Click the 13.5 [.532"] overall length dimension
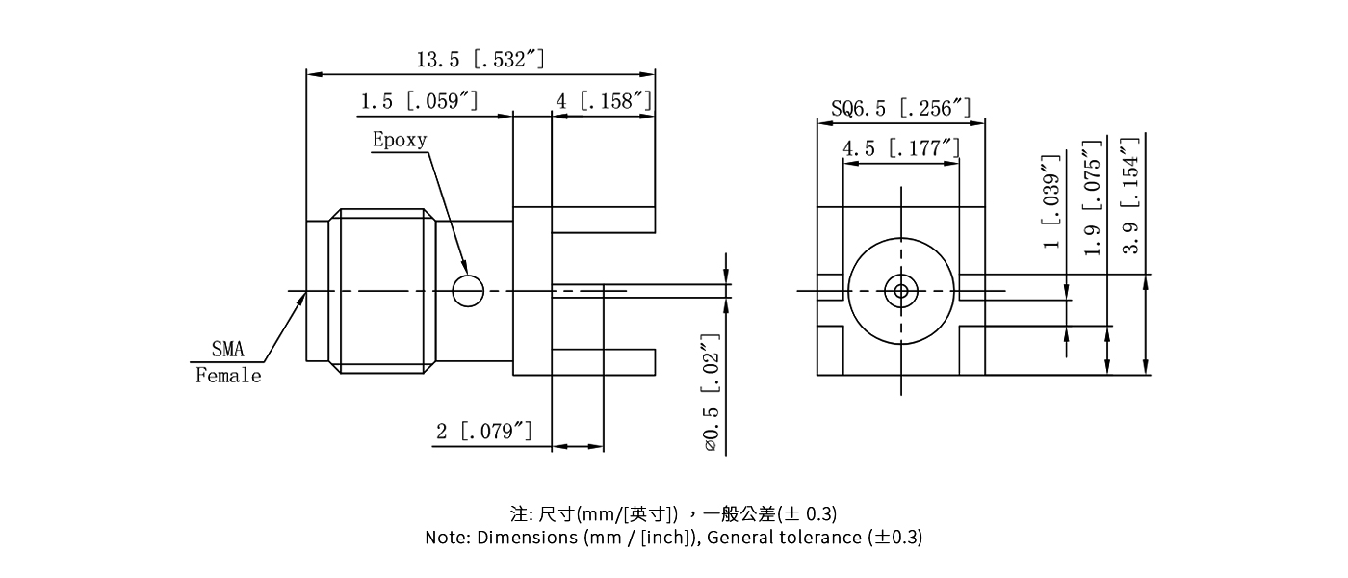tap(480, 60)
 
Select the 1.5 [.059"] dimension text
tap(419, 101)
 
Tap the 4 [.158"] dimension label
tap(604, 101)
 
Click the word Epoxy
tap(400, 140)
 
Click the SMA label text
tap(227, 350)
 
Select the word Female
tap(228, 376)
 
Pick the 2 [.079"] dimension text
tap(484, 431)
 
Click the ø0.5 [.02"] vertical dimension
tap(711, 393)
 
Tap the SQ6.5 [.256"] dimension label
tap(900, 108)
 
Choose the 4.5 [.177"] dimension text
tap(900, 148)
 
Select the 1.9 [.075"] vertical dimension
tap(1092, 197)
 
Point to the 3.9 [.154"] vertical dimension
tap(1132, 193)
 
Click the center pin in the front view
tap(901, 290)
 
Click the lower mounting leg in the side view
tap(603, 362)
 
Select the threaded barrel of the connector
tap(382, 290)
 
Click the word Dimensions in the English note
tap(528, 538)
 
